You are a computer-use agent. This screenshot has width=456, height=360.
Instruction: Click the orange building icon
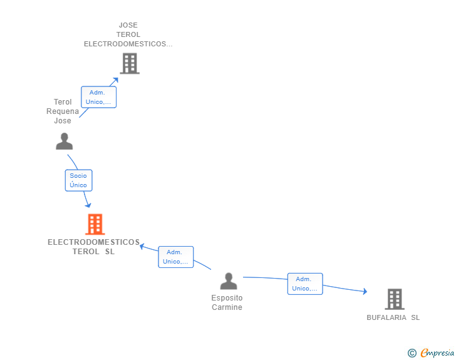(x=95, y=224)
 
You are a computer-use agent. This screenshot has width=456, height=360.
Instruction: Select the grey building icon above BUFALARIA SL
(x=395, y=299)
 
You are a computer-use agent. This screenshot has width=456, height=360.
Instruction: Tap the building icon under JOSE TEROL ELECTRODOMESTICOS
(x=130, y=63)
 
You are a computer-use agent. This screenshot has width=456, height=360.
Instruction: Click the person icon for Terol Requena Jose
(x=65, y=141)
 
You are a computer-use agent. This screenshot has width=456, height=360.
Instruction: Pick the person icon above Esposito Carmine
(x=229, y=281)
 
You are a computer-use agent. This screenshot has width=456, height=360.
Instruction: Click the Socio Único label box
(x=78, y=180)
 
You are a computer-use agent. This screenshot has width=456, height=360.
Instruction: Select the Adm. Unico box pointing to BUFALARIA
(x=305, y=284)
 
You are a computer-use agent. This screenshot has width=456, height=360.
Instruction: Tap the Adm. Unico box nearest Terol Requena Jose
(x=98, y=97)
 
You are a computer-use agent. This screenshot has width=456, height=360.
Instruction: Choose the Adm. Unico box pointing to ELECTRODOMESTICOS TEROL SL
(x=175, y=257)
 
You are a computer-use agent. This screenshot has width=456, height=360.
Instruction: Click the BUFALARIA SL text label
(x=393, y=317)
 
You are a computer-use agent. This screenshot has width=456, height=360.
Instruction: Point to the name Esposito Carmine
(x=227, y=302)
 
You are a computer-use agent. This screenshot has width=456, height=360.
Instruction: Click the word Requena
(x=63, y=111)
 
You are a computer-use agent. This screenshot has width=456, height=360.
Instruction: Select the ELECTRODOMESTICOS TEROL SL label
(x=94, y=247)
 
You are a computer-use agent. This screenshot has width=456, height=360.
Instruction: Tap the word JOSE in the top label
(x=128, y=25)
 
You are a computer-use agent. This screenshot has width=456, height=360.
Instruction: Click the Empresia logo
(x=437, y=352)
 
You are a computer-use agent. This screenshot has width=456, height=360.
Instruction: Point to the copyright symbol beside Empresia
(x=412, y=353)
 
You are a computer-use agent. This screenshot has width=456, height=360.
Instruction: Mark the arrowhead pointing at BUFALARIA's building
(x=365, y=291)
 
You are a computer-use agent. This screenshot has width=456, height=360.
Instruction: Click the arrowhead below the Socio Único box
(x=88, y=205)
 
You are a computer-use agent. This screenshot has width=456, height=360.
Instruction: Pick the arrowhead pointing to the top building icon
(x=116, y=80)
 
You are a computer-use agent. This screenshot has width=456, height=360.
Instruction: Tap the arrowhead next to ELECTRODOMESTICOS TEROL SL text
(x=142, y=247)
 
